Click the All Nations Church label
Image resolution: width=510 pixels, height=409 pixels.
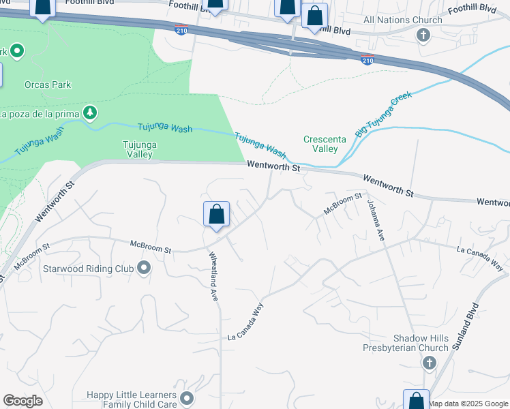click(403, 20)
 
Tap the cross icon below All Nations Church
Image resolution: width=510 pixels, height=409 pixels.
click(423, 34)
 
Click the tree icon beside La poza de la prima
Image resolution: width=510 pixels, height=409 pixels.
click(89, 112)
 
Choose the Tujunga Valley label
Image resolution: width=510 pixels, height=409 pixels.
click(137, 149)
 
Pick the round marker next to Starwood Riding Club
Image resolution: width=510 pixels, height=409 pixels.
click(143, 268)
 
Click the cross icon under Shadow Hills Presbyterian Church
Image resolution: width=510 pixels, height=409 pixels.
click(429, 362)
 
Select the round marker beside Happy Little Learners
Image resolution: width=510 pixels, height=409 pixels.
click(187, 397)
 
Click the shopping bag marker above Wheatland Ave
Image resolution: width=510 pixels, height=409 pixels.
click(216, 215)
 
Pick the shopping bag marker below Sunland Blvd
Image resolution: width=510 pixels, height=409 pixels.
click(416, 401)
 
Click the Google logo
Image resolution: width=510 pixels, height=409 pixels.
click(22, 401)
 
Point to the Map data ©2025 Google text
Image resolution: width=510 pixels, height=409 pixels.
click(468, 404)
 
